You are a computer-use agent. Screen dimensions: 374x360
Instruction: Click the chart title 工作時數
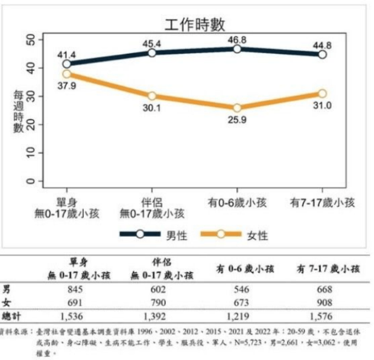click(x=195, y=24)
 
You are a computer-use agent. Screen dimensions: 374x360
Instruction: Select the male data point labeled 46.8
click(x=237, y=49)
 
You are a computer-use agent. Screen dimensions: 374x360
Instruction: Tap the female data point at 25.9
click(x=237, y=108)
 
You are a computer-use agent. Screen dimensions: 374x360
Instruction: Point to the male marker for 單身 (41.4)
click(x=67, y=64)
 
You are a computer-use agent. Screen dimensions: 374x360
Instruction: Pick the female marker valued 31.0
click(x=322, y=94)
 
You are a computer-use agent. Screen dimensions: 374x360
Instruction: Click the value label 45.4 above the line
click(x=151, y=43)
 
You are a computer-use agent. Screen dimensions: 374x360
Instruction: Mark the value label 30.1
click(x=151, y=108)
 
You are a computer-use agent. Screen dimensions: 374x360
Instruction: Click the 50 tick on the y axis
click(x=31, y=39)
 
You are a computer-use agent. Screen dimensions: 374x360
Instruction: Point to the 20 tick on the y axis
click(x=31, y=124)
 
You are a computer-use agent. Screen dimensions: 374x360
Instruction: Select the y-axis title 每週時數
click(x=18, y=111)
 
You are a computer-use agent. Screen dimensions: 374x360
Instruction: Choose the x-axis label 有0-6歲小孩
click(x=237, y=203)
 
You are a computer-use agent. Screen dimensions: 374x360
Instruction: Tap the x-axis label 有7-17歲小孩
click(x=322, y=203)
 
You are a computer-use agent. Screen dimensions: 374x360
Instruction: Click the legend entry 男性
click(x=177, y=236)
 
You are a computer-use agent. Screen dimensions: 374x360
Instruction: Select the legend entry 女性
click(x=258, y=236)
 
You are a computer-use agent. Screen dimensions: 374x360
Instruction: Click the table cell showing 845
click(x=75, y=289)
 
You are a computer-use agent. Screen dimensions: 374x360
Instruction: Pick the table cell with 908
click(x=325, y=303)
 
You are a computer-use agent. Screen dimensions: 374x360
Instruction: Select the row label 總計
click(x=11, y=317)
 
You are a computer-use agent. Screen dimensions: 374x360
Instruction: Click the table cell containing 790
click(x=159, y=303)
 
